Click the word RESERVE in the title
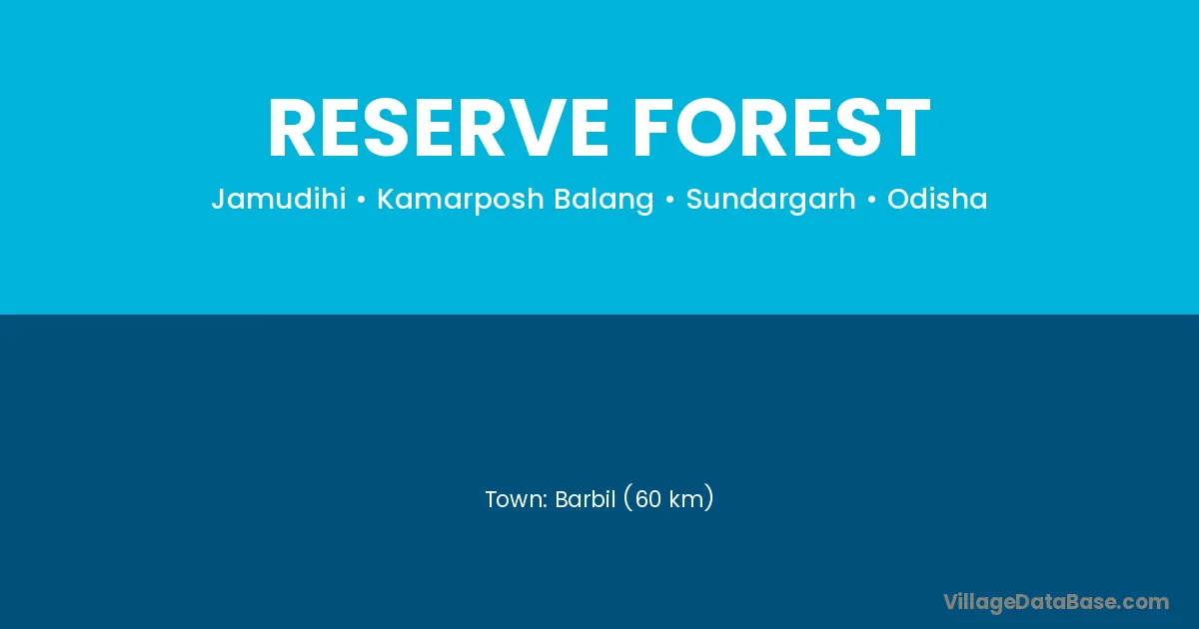(439, 129)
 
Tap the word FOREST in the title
(781, 129)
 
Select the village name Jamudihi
(279, 199)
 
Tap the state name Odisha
(937, 199)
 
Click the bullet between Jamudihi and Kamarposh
(362, 200)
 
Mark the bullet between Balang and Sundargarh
(669, 200)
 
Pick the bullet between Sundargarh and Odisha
(871, 200)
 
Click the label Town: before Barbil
(516, 499)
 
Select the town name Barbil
(586, 499)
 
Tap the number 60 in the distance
(648, 499)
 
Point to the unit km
(686, 499)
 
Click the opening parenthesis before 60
(628, 498)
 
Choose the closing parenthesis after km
(709, 498)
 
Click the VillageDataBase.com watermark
(1056, 602)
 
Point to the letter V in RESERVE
(524, 129)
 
